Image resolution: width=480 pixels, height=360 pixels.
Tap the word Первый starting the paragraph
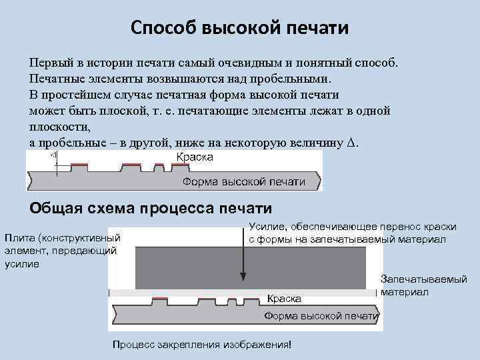48,63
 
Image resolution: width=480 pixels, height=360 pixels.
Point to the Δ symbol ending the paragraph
353,143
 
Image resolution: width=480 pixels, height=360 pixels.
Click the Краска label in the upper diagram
195,157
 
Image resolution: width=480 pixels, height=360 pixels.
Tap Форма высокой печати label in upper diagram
243,181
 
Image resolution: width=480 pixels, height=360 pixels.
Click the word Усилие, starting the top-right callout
267,227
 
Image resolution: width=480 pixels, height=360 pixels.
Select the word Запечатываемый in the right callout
423,279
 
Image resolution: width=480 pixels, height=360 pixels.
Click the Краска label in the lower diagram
284,299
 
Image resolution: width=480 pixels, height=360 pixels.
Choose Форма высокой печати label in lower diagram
321,315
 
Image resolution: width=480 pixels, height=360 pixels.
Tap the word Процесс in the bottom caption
132,345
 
